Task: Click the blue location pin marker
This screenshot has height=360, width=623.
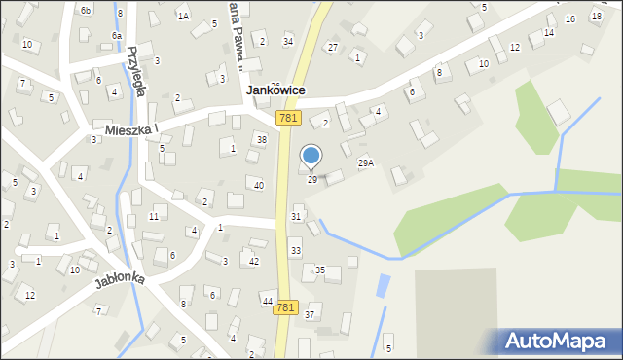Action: click(x=311, y=156)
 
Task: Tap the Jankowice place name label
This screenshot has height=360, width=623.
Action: click(x=276, y=90)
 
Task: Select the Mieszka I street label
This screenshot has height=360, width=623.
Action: click(x=125, y=128)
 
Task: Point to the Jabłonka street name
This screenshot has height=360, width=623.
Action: click(x=120, y=279)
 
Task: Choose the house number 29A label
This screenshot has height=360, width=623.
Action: click(x=366, y=162)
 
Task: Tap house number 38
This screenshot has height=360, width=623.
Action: click(x=261, y=139)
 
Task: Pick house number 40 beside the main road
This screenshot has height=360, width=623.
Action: click(x=259, y=185)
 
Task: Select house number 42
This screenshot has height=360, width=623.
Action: click(x=253, y=261)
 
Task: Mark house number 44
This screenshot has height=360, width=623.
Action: click(x=267, y=302)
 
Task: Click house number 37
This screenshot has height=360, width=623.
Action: click(x=310, y=314)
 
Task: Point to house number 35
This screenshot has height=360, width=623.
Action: click(x=319, y=270)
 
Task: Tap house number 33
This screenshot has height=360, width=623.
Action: click(x=295, y=251)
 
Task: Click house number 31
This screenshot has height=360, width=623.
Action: click(x=296, y=216)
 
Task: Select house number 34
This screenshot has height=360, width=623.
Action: click(x=287, y=41)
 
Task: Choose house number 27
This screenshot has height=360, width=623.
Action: click(x=332, y=47)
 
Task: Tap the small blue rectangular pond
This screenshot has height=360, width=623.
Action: click(x=383, y=286)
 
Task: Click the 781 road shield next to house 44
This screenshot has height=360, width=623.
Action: click(x=285, y=307)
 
